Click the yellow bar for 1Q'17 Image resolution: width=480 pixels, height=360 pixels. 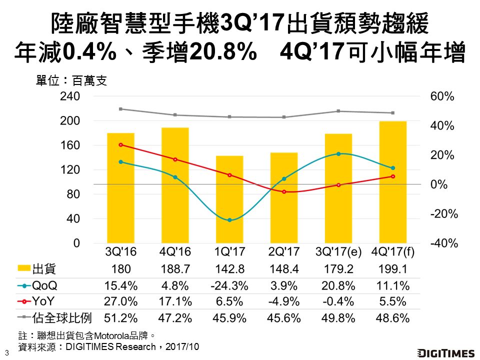click(229, 199)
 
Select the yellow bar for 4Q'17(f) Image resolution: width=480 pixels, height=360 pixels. click(392, 182)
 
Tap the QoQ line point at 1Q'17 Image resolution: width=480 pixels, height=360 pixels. click(229, 220)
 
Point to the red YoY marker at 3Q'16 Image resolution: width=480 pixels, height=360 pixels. click(120, 144)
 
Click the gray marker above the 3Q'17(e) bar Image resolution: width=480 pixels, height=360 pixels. click(338, 111)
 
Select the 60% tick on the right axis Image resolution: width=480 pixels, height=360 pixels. click(442, 97)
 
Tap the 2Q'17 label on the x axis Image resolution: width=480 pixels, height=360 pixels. click(284, 251)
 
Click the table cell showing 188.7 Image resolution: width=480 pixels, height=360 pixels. click(175, 269)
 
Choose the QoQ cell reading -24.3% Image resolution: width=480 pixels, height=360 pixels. click(229, 286)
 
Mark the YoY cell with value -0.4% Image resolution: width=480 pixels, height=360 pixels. click(338, 302)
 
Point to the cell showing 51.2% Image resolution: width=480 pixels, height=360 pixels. click(120, 318)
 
